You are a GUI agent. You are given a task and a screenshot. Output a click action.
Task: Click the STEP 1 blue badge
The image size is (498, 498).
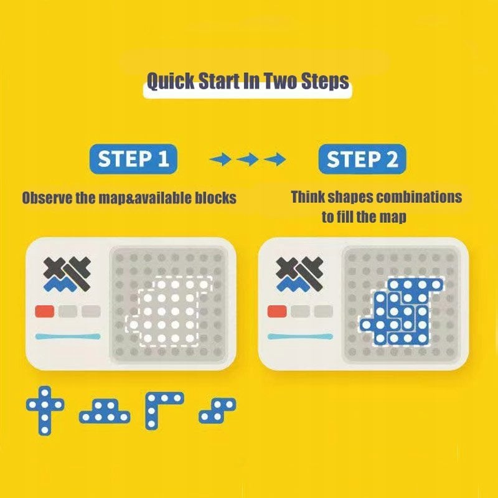(133, 159)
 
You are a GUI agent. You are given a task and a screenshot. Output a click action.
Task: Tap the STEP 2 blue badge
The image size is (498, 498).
(362, 159)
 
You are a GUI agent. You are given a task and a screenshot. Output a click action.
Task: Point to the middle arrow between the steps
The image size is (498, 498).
(248, 159)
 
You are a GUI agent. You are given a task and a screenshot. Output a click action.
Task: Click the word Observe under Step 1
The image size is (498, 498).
(47, 198)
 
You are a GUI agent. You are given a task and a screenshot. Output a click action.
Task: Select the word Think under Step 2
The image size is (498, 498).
(308, 197)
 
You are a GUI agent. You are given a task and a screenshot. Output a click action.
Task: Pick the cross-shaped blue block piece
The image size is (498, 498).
(45, 410)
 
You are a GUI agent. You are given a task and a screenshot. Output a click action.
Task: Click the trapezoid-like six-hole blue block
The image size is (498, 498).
(105, 411)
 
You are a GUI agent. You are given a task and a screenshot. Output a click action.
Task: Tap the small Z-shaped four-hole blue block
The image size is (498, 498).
(217, 411)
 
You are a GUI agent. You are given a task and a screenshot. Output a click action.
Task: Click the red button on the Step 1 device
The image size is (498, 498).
(44, 311)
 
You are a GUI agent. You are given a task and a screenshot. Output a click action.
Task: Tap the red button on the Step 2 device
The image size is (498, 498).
(277, 311)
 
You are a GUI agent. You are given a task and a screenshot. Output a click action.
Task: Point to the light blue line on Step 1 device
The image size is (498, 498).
(68, 336)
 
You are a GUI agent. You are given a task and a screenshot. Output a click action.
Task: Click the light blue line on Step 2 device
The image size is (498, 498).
(301, 336)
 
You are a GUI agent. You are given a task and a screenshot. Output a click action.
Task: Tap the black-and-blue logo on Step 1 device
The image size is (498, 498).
(67, 275)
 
